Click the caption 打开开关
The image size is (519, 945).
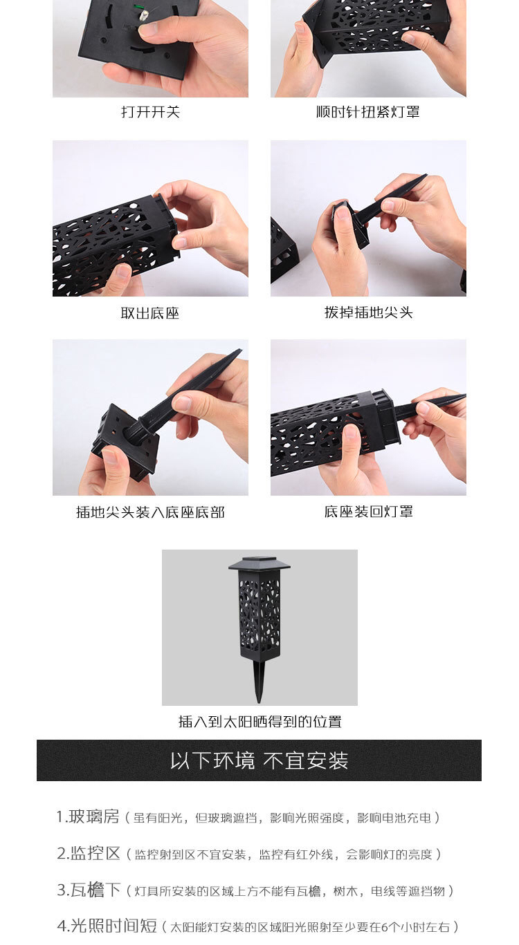pyautogui.click(x=150, y=112)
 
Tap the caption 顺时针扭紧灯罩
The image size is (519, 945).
pyautogui.click(x=368, y=112)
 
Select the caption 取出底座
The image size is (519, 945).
pyautogui.click(x=150, y=313)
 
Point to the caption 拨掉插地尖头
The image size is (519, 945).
pyautogui.click(x=368, y=312)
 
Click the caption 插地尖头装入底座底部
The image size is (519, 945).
pyautogui.click(x=150, y=512)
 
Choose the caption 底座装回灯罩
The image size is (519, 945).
pyautogui.click(x=368, y=512)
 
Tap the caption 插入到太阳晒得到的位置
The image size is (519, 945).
pyautogui.click(x=259, y=722)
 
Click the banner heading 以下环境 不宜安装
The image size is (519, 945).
pyautogui.click(x=259, y=760)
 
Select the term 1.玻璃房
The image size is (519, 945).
pyautogui.click(x=88, y=816)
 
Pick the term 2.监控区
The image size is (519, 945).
pyautogui.click(x=89, y=853)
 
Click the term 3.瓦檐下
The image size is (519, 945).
pyautogui.click(x=89, y=890)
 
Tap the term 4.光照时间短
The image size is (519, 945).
pyautogui.click(x=107, y=926)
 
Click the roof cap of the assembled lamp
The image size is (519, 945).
pyautogui.click(x=259, y=563)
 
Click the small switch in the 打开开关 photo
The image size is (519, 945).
pyautogui.click(x=143, y=17)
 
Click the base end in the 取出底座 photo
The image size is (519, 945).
pyautogui.click(x=166, y=225)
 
